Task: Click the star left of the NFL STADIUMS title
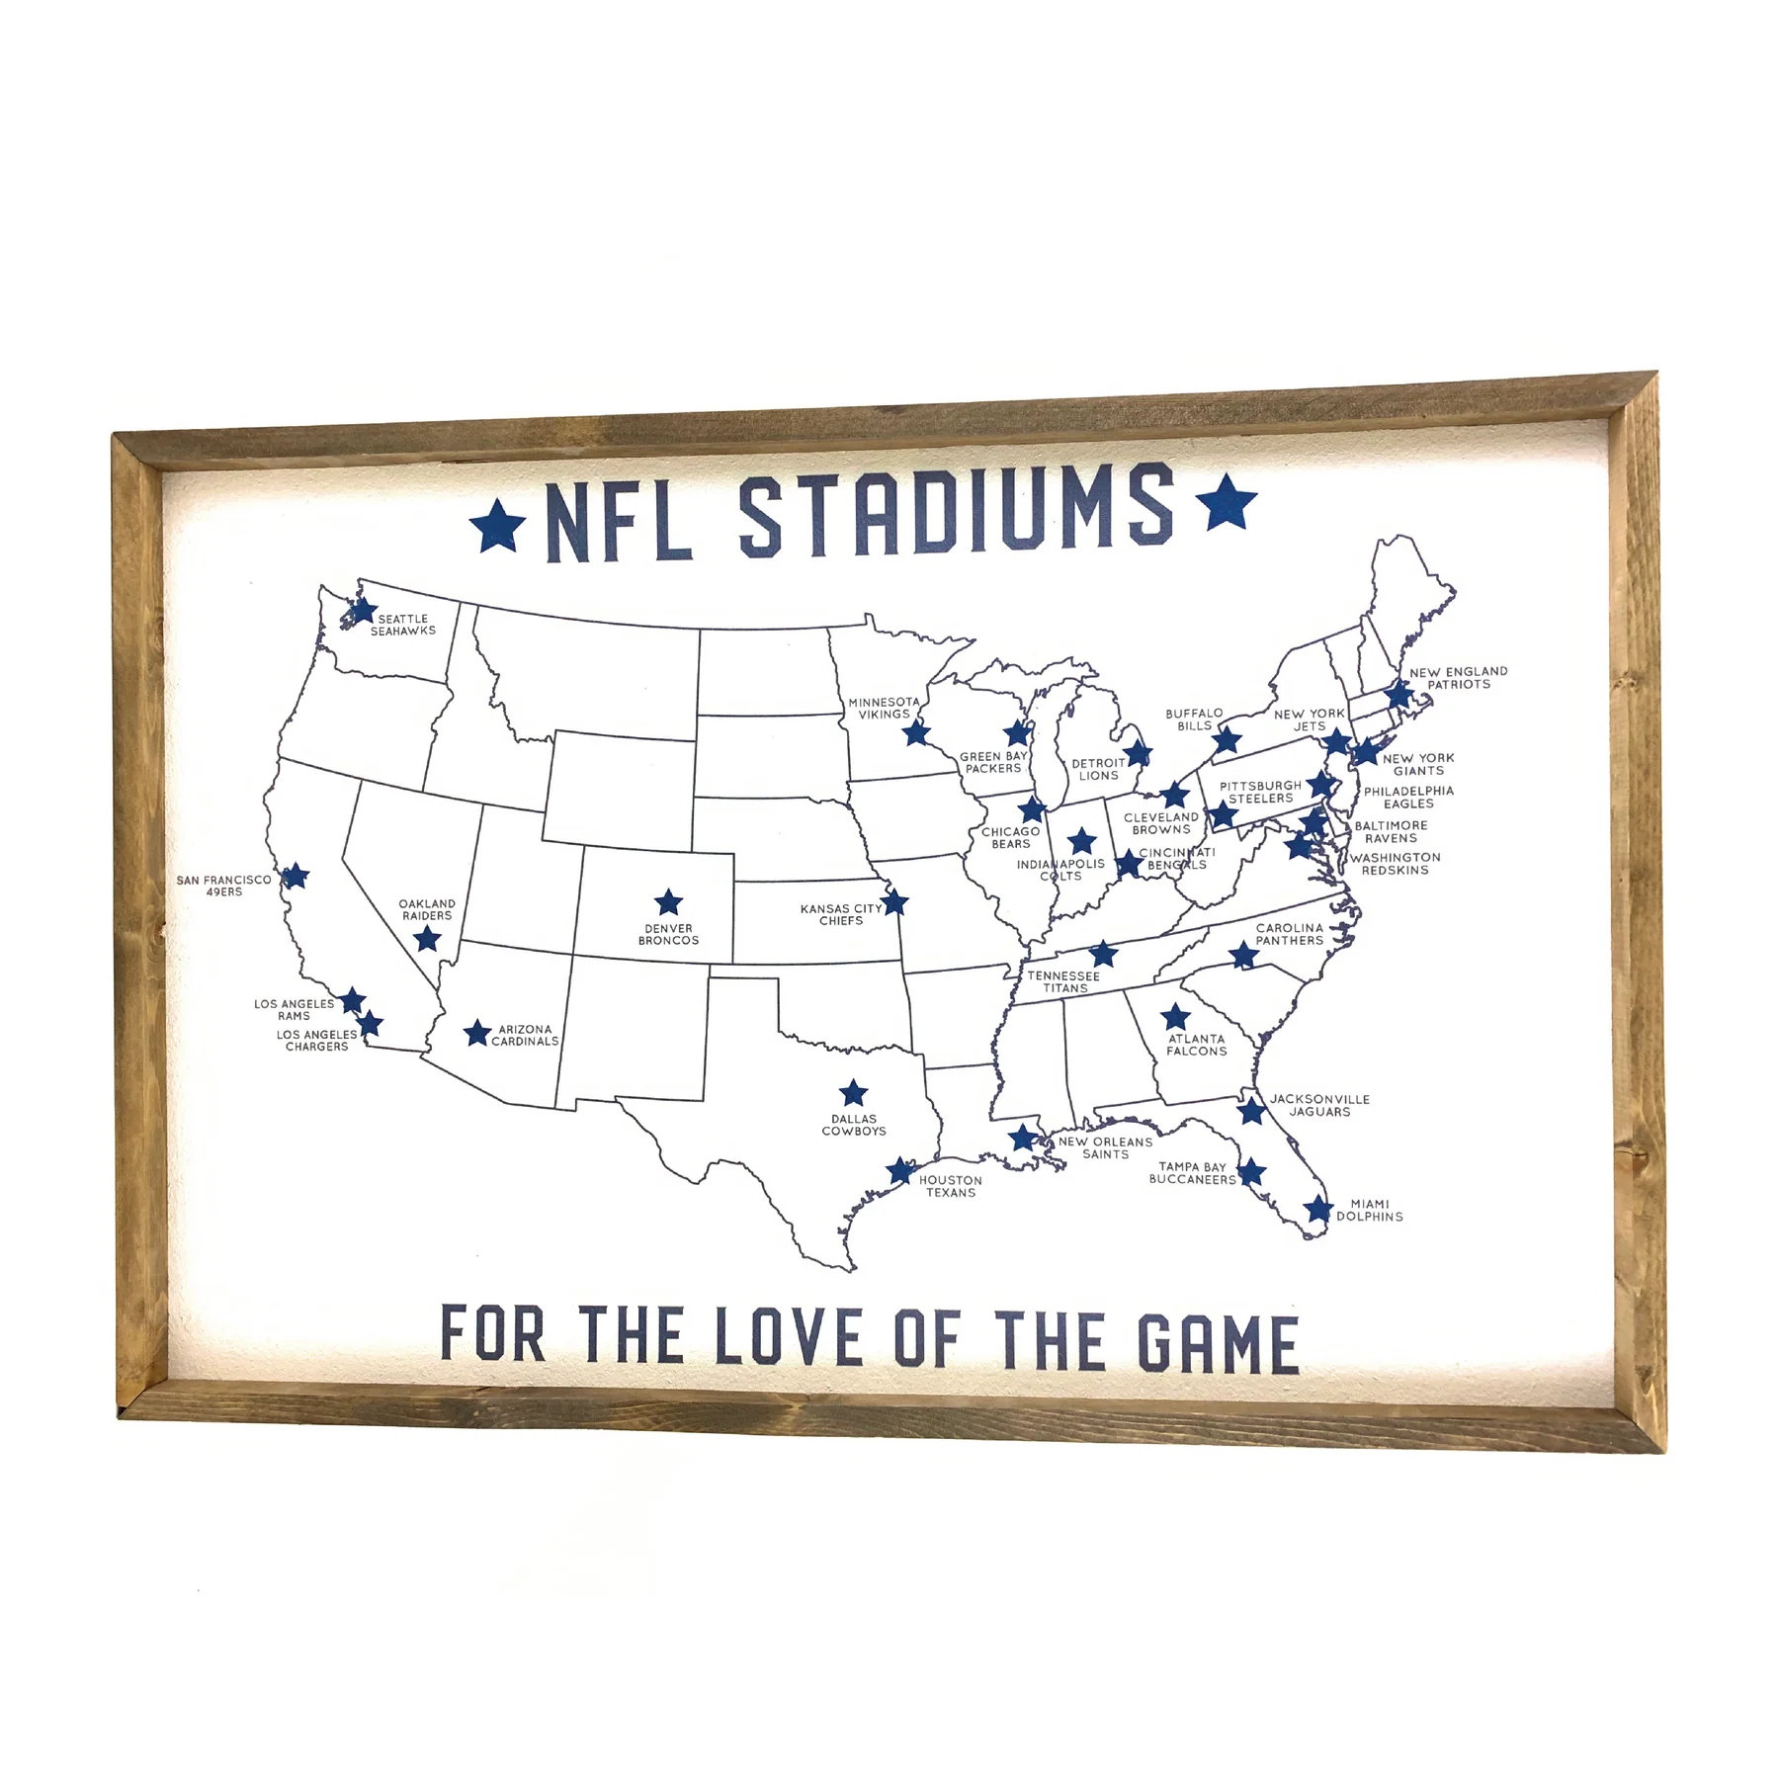pyautogui.click(x=498, y=525)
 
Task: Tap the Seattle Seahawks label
pyautogui.click(x=402, y=625)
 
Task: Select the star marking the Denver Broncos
pyautogui.click(x=668, y=902)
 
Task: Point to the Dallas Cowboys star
pyautogui.click(x=853, y=1093)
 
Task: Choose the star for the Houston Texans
pyautogui.click(x=899, y=1171)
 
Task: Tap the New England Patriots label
pyautogui.click(x=1458, y=677)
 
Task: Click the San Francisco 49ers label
pyautogui.click(x=224, y=886)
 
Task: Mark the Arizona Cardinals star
pyautogui.click(x=477, y=1033)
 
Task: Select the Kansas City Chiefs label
pyautogui.click(x=841, y=914)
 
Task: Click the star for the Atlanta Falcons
pyautogui.click(x=1175, y=1017)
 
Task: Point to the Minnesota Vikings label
pyautogui.click(x=884, y=708)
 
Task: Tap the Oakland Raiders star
pyautogui.click(x=426, y=938)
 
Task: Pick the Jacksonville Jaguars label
pyautogui.click(x=1319, y=1105)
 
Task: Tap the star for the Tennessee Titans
pyautogui.click(x=1103, y=954)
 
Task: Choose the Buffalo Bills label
pyautogui.click(x=1194, y=719)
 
